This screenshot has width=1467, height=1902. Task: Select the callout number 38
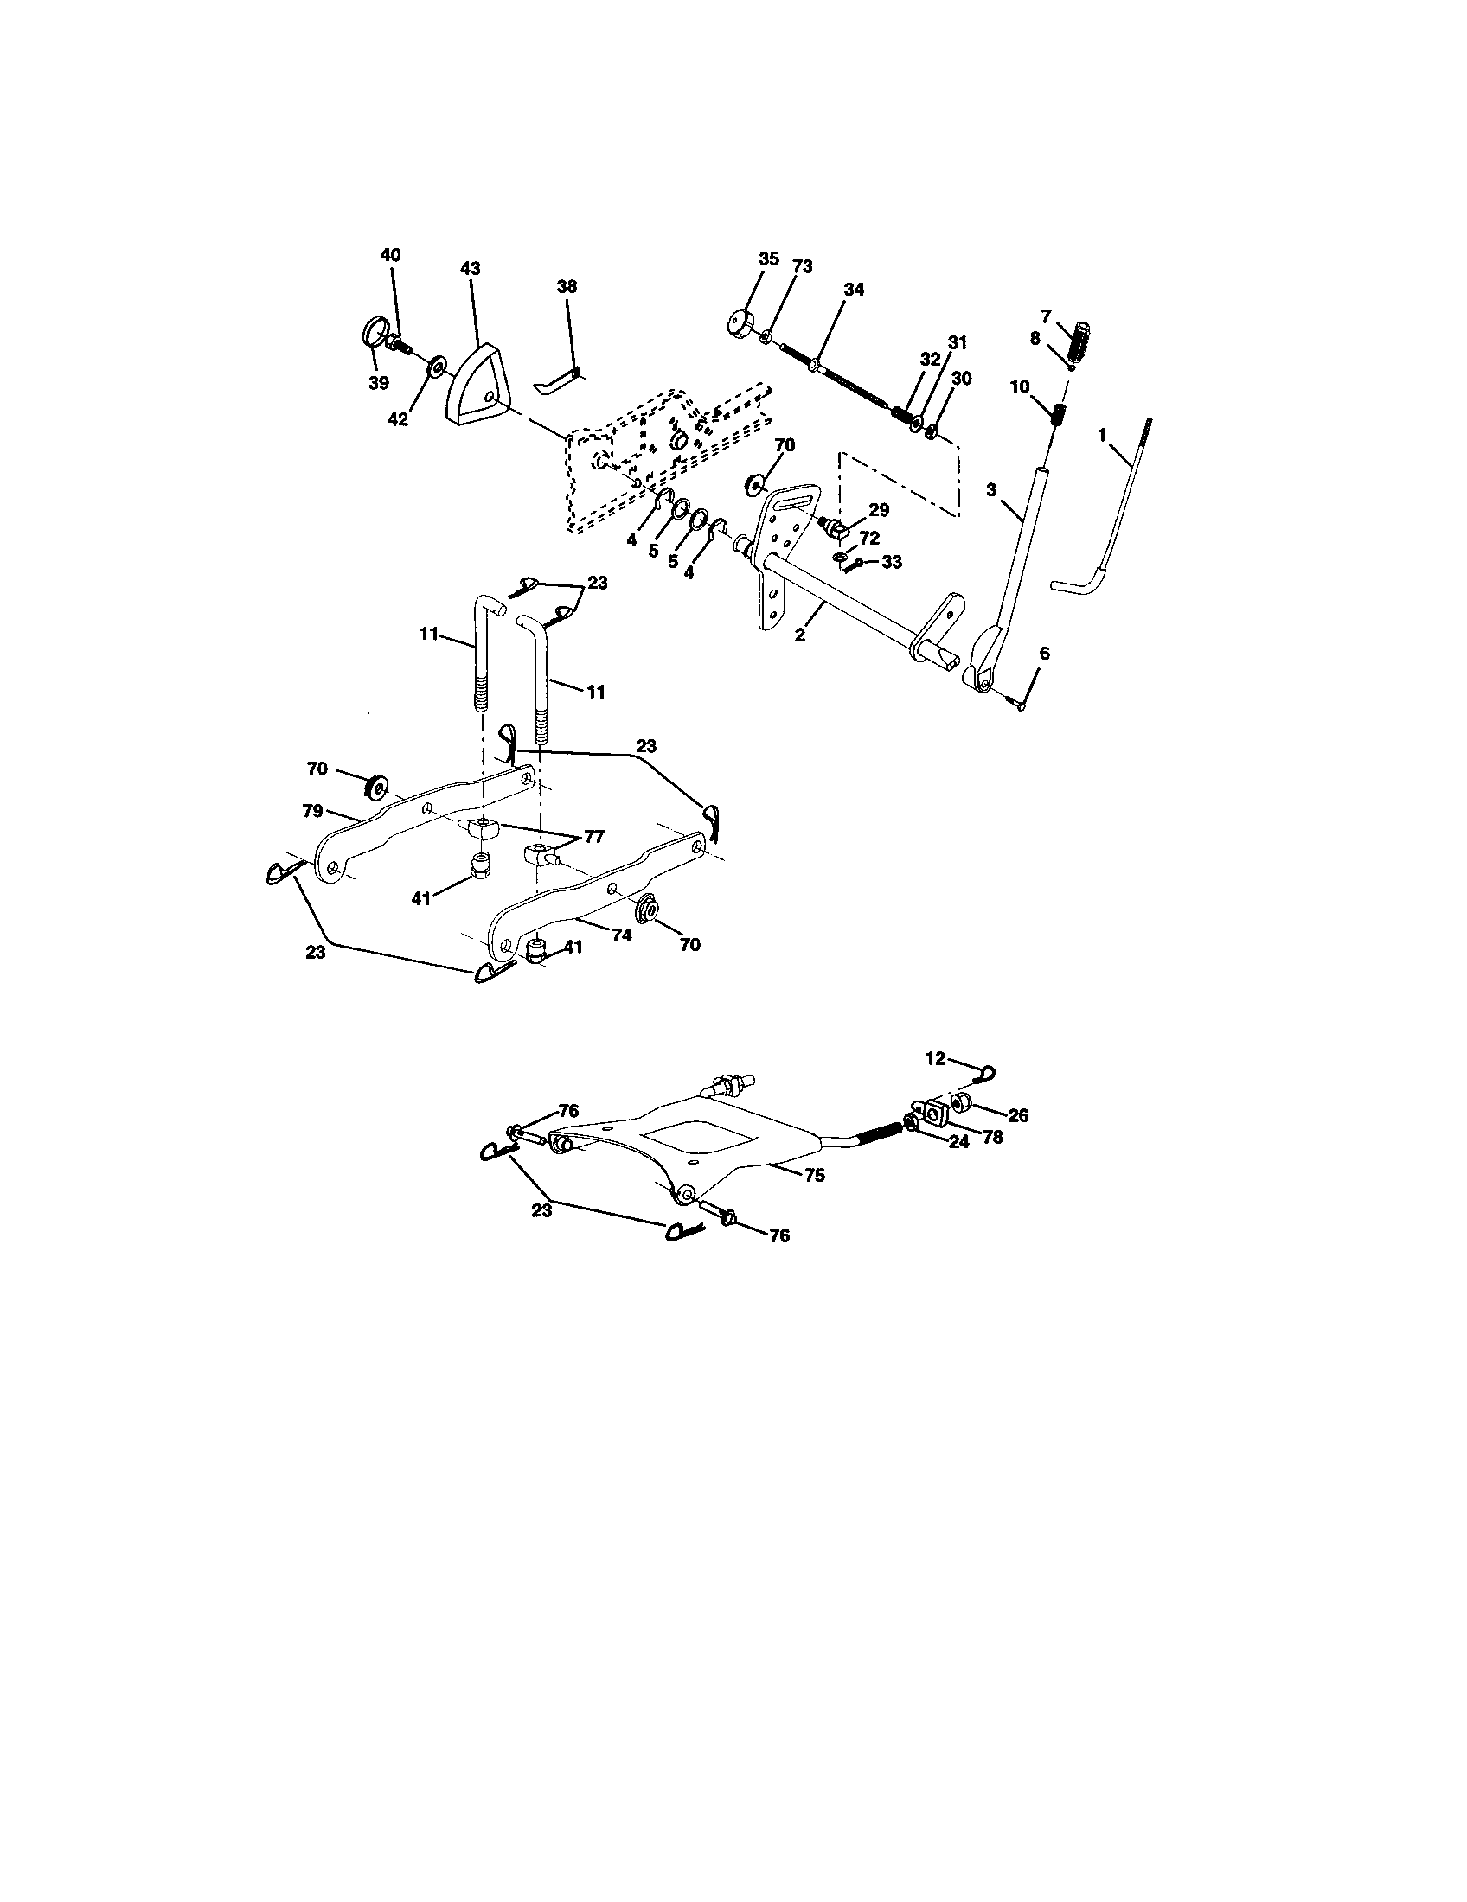click(x=567, y=286)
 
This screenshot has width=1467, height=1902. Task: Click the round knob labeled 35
click(x=742, y=323)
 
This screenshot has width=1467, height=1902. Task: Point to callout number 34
click(x=854, y=290)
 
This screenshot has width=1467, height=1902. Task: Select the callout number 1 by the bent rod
click(x=1102, y=432)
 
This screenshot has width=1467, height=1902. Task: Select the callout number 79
click(x=314, y=811)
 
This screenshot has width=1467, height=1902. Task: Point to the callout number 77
click(x=593, y=837)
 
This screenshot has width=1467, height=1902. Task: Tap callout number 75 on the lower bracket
click(x=815, y=1174)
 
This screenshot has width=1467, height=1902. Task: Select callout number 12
click(x=935, y=1058)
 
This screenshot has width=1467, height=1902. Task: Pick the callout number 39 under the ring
click(x=378, y=383)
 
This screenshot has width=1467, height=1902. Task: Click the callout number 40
click(x=391, y=255)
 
